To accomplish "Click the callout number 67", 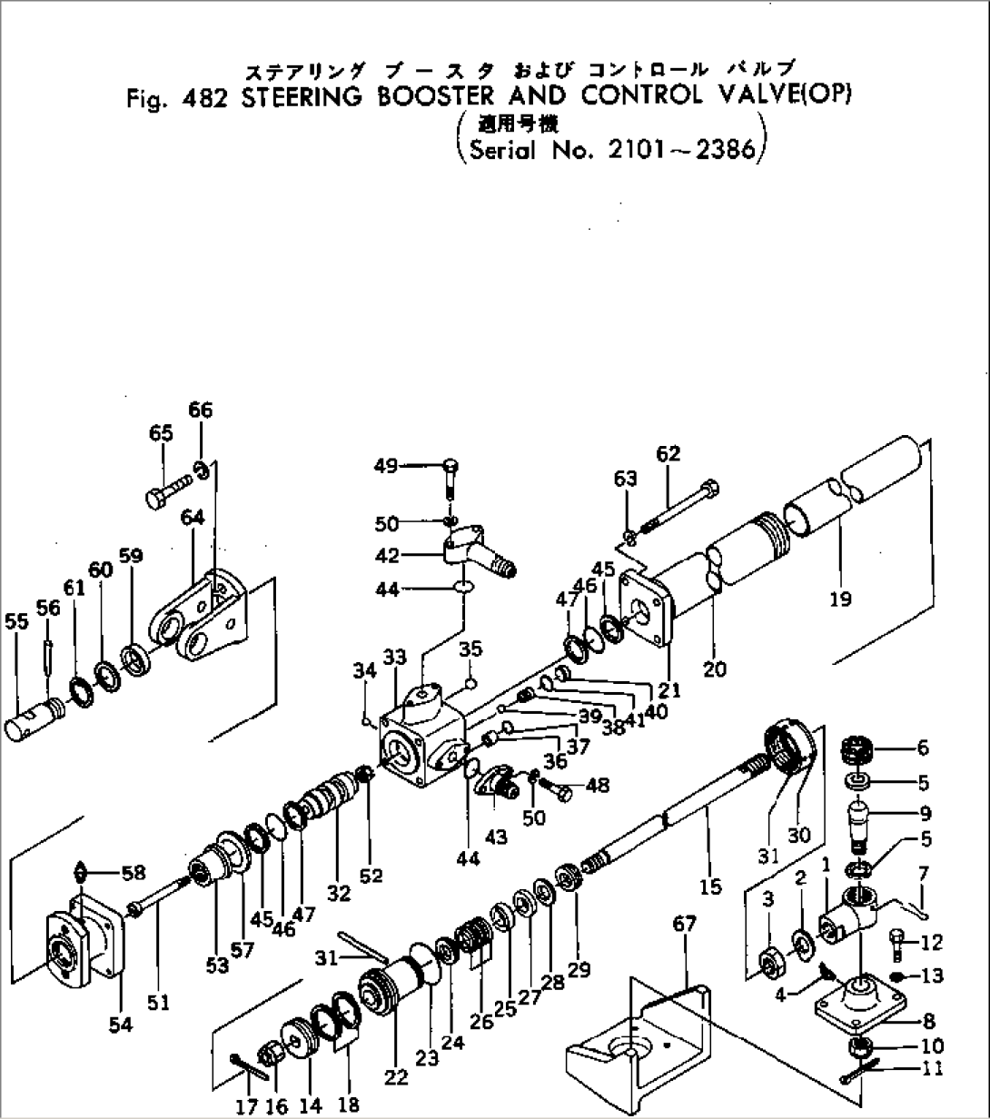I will pyautogui.click(x=684, y=925).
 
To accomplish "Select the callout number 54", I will pyautogui.click(x=120, y=1025).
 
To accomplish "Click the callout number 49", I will pyautogui.click(x=386, y=466).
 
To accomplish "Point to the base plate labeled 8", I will pyautogui.click(x=858, y=1008).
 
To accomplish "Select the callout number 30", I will pyautogui.click(x=798, y=834).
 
